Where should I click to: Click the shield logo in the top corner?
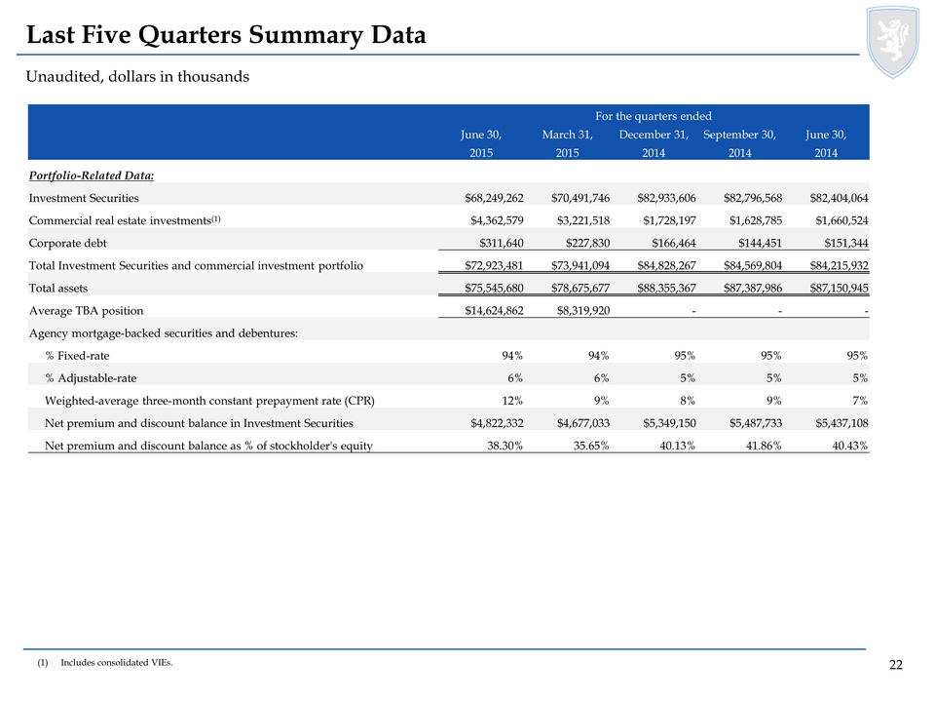click(893, 42)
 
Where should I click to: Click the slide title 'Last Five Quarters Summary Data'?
click(227, 35)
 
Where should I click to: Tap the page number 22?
click(896, 665)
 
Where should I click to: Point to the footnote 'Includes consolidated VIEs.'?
click(117, 663)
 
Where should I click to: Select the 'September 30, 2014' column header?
click(739, 143)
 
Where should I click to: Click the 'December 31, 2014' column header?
click(654, 143)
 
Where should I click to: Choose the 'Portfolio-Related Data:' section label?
click(92, 175)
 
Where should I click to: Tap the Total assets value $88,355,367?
click(666, 289)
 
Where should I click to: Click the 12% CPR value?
click(512, 401)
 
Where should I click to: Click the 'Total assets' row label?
click(58, 289)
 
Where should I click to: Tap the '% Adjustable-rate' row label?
click(91, 378)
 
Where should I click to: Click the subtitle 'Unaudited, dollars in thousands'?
click(137, 76)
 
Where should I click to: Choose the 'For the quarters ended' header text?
click(653, 116)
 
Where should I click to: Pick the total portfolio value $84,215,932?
click(839, 265)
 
